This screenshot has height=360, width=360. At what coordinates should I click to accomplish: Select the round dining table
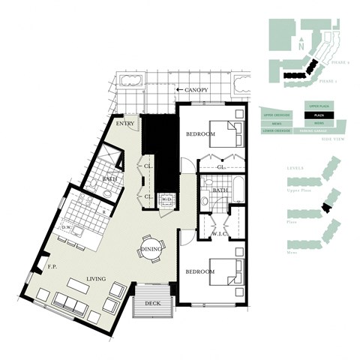(x=151, y=250)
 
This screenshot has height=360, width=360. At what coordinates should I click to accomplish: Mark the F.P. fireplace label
(x=52, y=265)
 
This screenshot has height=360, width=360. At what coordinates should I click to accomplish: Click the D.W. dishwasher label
(x=66, y=227)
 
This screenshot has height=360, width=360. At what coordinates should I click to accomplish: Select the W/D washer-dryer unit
(x=168, y=199)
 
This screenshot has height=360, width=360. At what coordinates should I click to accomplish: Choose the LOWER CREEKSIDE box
(x=278, y=130)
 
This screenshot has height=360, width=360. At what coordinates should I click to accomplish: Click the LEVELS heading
(x=295, y=178)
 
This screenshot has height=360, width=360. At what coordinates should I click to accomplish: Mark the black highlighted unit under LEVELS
(x=325, y=208)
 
